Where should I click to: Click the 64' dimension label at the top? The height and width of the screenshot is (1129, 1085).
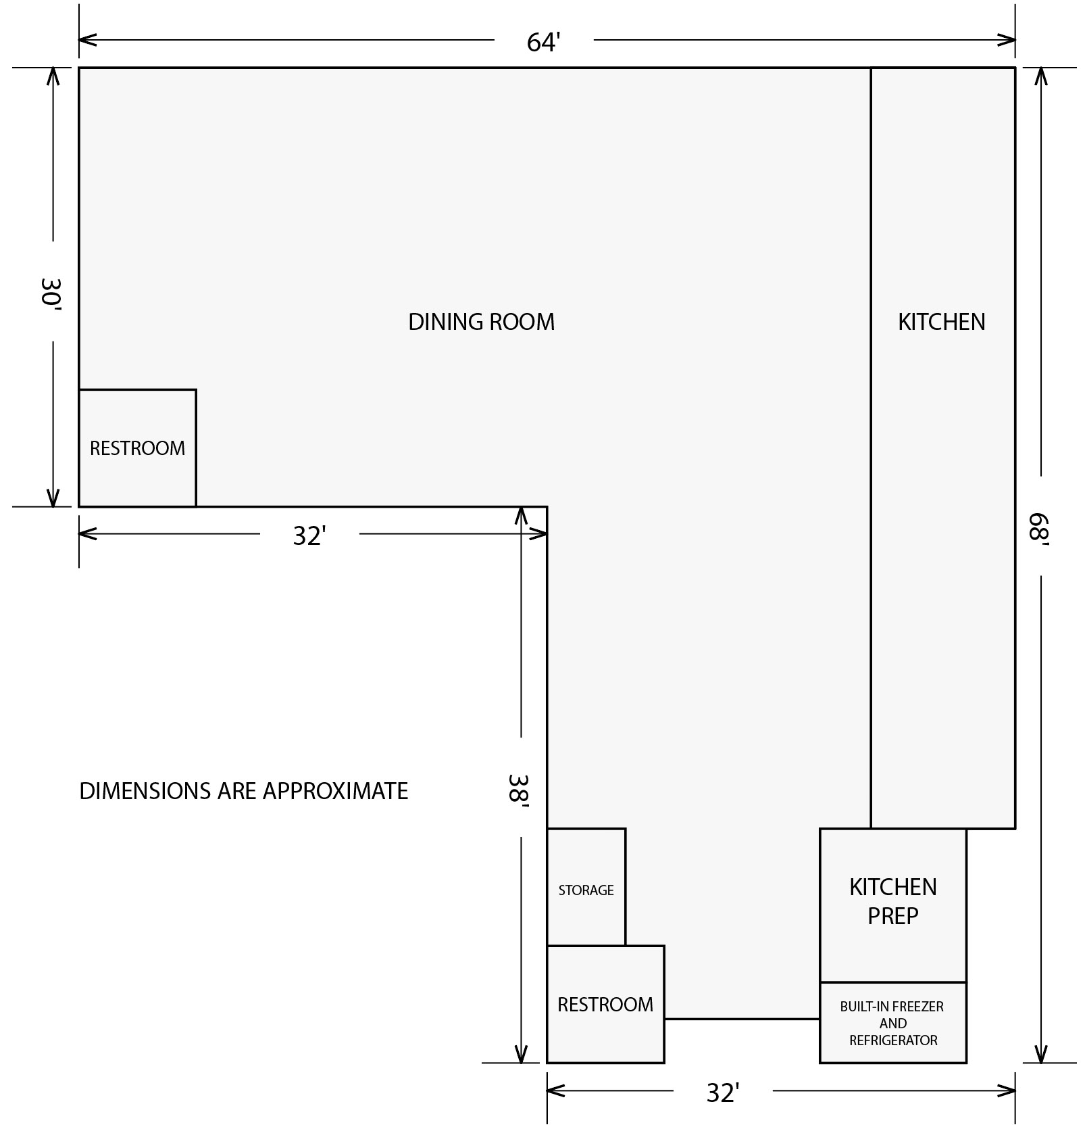544,42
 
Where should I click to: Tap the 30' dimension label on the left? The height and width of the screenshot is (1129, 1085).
51,292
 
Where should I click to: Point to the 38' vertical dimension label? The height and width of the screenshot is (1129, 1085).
519,788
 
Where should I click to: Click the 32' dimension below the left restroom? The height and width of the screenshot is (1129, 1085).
309,535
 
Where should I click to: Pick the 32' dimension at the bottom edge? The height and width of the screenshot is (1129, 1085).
723,1092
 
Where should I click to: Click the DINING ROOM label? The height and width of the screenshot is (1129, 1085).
481,322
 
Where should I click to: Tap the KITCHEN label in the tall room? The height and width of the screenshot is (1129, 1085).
941,322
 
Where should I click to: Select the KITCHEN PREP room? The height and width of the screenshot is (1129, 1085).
892,902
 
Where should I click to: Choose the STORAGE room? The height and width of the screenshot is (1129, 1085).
586,890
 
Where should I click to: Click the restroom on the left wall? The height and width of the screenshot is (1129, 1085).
137,448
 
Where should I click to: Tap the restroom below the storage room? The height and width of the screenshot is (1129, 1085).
605,1005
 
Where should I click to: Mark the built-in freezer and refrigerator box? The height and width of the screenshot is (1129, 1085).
892,1022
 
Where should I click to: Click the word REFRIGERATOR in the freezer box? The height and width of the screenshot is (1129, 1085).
893,1040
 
